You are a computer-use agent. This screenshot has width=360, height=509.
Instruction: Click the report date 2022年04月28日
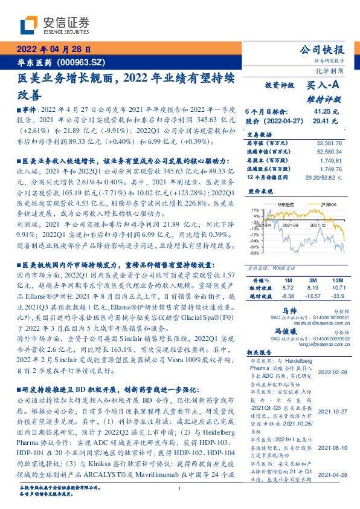pos(54,49)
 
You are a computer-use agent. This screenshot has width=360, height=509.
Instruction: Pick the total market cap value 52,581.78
pos(329,143)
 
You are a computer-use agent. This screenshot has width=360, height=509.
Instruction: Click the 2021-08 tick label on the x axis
pos(291,241)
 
